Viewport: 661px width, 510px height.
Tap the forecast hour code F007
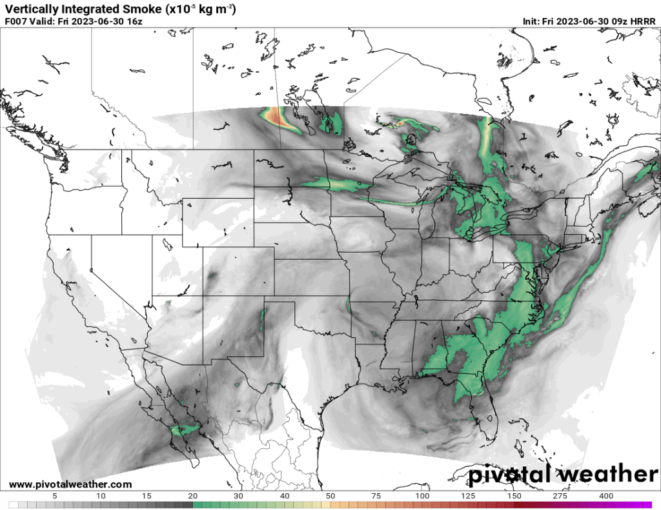point(17,21)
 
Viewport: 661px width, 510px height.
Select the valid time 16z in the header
point(134,21)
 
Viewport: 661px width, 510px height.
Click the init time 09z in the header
point(618,21)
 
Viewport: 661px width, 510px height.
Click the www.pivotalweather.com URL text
point(70,484)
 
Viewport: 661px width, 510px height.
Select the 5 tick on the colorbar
point(55,496)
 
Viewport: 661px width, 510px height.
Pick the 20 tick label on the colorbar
point(193,496)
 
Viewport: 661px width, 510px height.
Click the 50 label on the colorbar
point(330,496)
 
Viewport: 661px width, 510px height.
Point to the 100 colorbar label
point(423,496)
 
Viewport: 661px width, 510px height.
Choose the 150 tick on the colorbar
point(514,496)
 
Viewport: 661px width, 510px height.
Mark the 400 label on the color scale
point(606,496)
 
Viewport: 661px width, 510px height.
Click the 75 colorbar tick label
point(377,496)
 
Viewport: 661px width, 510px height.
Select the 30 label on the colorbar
point(239,496)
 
